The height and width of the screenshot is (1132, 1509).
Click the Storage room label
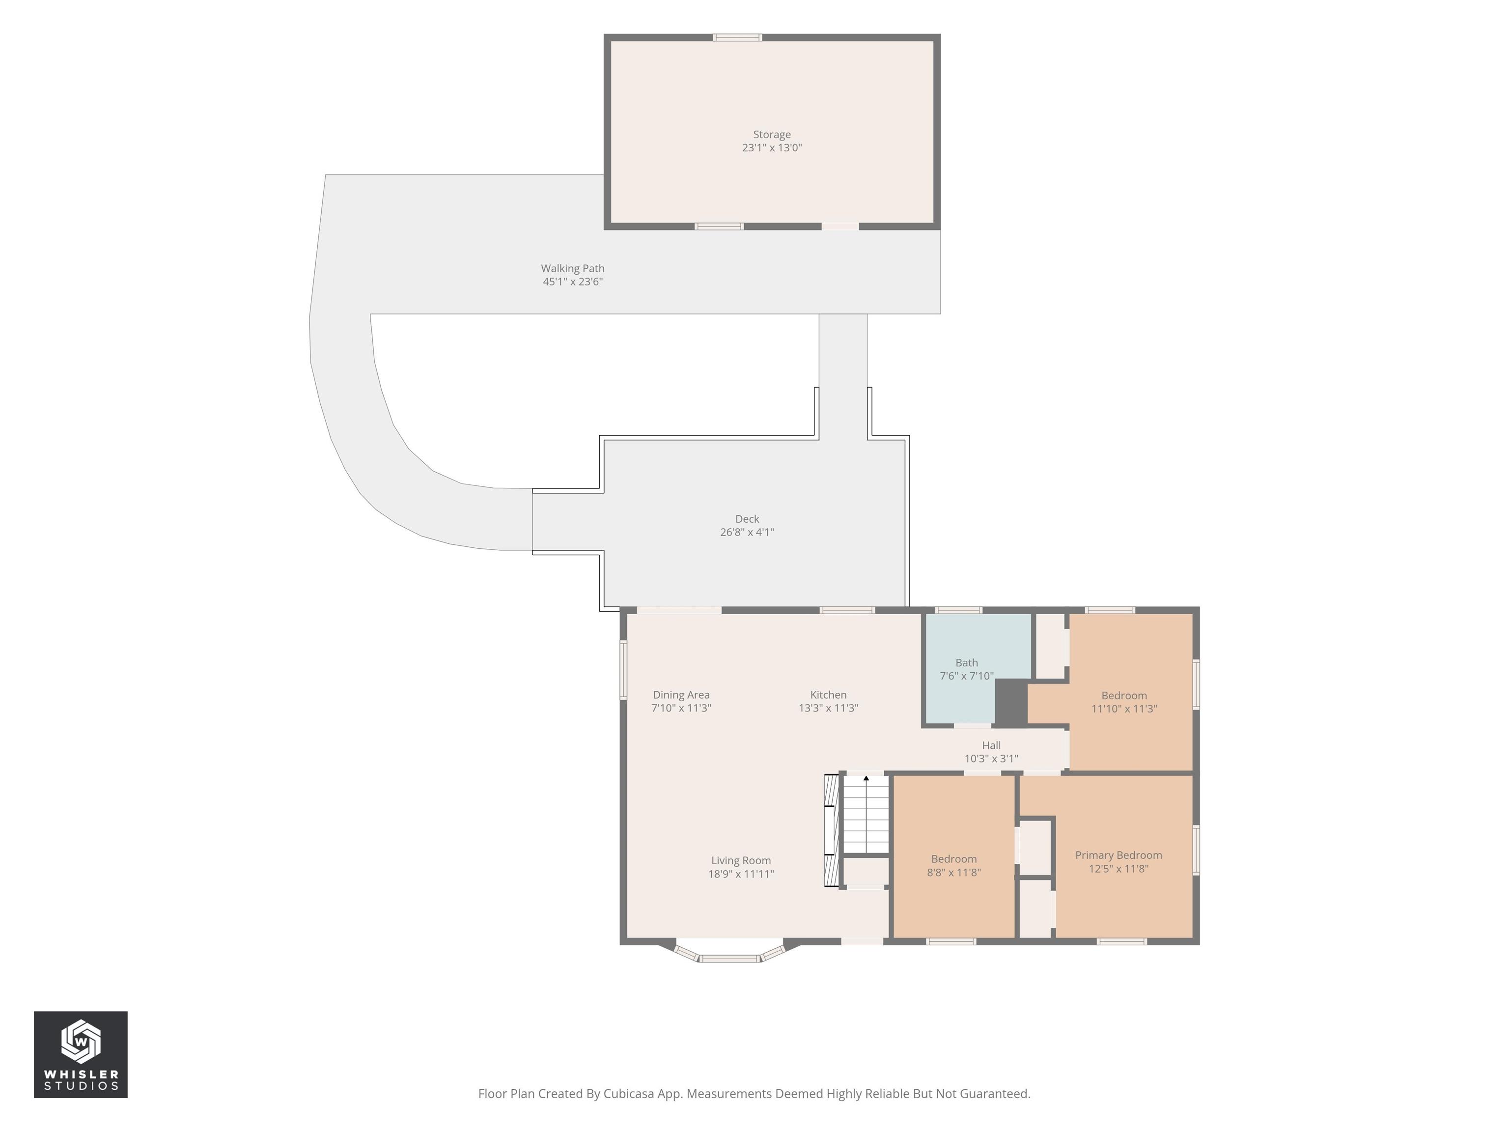click(772, 135)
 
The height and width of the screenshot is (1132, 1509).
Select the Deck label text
click(747, 519)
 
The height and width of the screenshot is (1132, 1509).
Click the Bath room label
click(967, 663)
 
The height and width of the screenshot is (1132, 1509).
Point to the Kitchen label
click(828, 695)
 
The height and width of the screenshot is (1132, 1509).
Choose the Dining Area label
click(681, 695)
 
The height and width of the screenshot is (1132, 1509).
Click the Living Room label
click(741, 860)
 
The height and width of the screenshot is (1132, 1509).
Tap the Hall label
click(991, 745)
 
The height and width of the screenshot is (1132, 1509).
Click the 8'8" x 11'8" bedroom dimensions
click(954, 872)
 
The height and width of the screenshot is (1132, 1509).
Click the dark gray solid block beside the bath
click(1011, 702)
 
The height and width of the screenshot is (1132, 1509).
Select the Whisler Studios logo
click(81, 1054)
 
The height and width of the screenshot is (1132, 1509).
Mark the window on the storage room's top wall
click(737, 37)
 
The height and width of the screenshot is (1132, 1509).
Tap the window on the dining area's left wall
click(623, 669)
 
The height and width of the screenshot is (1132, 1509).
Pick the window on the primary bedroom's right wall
click(1196, 849)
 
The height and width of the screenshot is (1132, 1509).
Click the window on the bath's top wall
click(958, 610)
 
